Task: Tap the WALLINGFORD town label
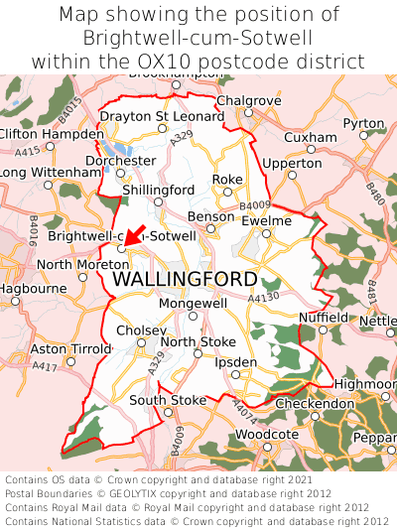(x=185, y=279)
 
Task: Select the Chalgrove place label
(x=242, y=101)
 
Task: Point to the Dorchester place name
(x=121, y=160)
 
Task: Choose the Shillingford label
(x=158, y=190)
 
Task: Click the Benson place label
(x=210, y=215)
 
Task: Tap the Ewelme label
(x=266, y=220)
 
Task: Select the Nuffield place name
(x=324, y=318)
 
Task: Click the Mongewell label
(x=193, y=303)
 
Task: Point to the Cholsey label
(x=138, y=331)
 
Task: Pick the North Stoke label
(x=198, y=342)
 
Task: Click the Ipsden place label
(x=235, y=362)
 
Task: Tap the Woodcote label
(x=267, y=435)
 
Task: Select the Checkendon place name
(x=314, y=404)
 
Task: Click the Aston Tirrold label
(x=70, y=349)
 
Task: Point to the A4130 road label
(x=264, y=297)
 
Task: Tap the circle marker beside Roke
(x=227, y=192)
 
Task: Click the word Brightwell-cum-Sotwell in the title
(x=198, y=38)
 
